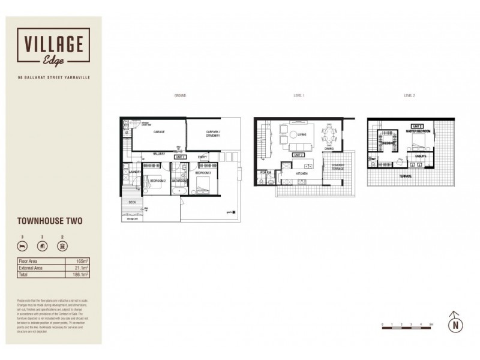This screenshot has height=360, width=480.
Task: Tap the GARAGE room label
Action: pyautogui.click(x=159, y=131)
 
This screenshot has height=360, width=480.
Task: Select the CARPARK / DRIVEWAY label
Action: pyautogui.click(x=212, y=133)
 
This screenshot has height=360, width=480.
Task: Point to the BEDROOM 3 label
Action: pyautogui.click(x=202, y=173)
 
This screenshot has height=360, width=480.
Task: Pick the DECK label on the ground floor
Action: pyautogui.click(x=132, y=202)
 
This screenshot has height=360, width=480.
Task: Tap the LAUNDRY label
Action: pyautogui.click(x=134, y=172)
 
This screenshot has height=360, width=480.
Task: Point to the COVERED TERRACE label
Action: pyautogui.click(x=334, y=170)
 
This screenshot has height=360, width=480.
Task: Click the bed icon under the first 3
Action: pyautogui.click(x=22, y=247)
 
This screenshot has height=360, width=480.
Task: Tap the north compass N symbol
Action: pyautogui.click(x=457, y=325)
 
